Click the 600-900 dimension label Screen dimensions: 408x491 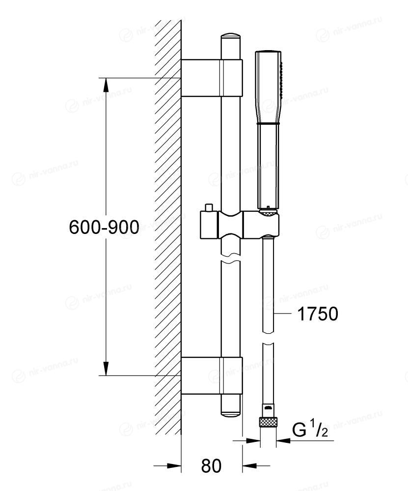tap(104, 227)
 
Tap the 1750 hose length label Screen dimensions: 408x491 tap(317, 314)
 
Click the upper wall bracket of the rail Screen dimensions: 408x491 tap(212, 78)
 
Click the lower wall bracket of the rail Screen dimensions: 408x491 tap(212, 375)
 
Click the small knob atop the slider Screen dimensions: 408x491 tap(208, 207)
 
